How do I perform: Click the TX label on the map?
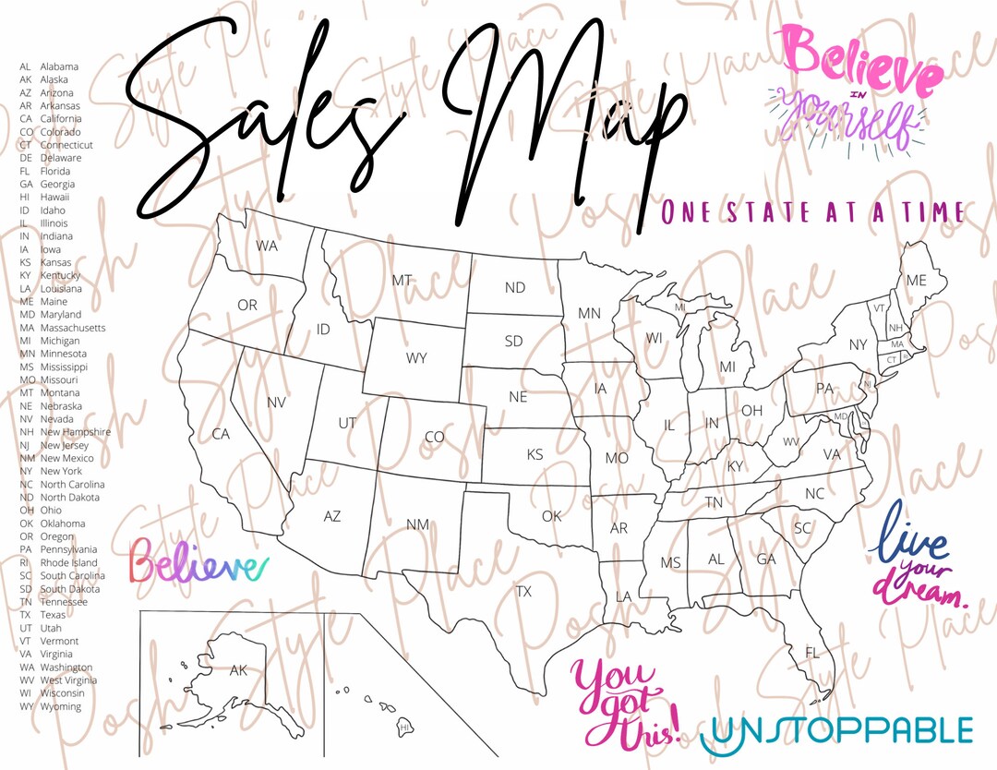(x=523, y=591)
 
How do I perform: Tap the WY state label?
(x=416, y=358)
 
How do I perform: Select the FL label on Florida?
(x=811, y=653)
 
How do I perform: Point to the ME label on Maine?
(x=916, y=280)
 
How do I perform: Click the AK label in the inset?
(x=238, y=670)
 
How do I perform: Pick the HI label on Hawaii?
(x=404, y=728)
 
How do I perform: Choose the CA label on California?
(x=221, y=434)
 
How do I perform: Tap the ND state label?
(x=514, y=288)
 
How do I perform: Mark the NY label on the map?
(x=859, y=345)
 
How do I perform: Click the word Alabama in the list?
(x=59, y=66)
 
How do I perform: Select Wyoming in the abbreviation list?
(x=61, y=706)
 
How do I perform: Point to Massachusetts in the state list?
(x=73, y=328)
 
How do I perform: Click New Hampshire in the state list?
(x=75, y=432)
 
